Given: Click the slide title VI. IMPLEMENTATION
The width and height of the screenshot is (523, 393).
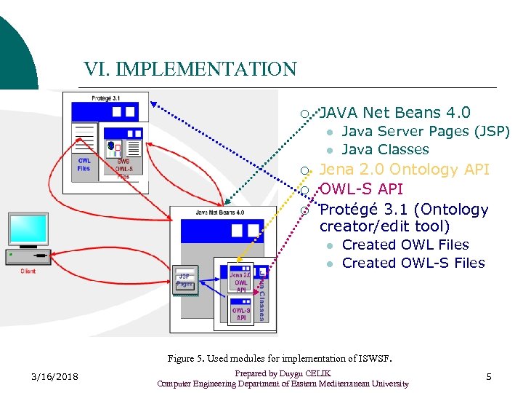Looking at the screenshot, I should point(190,69).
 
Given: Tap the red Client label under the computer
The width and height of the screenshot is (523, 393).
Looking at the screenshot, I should point(28,271).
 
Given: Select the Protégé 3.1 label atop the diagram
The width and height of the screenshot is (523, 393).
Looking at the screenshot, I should point(106,98).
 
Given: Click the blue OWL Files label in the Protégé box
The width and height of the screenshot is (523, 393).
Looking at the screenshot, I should point(84,164).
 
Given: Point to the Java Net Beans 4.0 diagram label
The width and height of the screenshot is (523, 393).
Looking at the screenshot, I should point(220,213).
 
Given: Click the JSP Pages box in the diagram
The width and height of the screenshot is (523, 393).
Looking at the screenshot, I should point(185,280).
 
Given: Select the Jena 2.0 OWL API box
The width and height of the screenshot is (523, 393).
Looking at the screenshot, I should point(241,282).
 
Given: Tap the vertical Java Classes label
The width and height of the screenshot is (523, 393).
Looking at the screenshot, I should point(262,295).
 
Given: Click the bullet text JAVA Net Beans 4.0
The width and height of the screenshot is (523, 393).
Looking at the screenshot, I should point(395,112).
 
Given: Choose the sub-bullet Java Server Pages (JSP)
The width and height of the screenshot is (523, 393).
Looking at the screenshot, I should point(426,132).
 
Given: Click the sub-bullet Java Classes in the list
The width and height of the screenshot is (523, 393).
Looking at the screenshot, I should point(385,150).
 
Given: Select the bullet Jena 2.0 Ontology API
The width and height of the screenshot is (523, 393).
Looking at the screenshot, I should point(405,170).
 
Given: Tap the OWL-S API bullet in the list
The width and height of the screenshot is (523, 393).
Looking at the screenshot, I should point(361,189).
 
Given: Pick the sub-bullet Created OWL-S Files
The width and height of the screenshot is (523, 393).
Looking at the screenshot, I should point(413,263).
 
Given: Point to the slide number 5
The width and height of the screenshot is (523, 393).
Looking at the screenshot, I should point(489,376).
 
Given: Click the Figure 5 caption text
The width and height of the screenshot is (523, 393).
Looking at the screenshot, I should point(280,358).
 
